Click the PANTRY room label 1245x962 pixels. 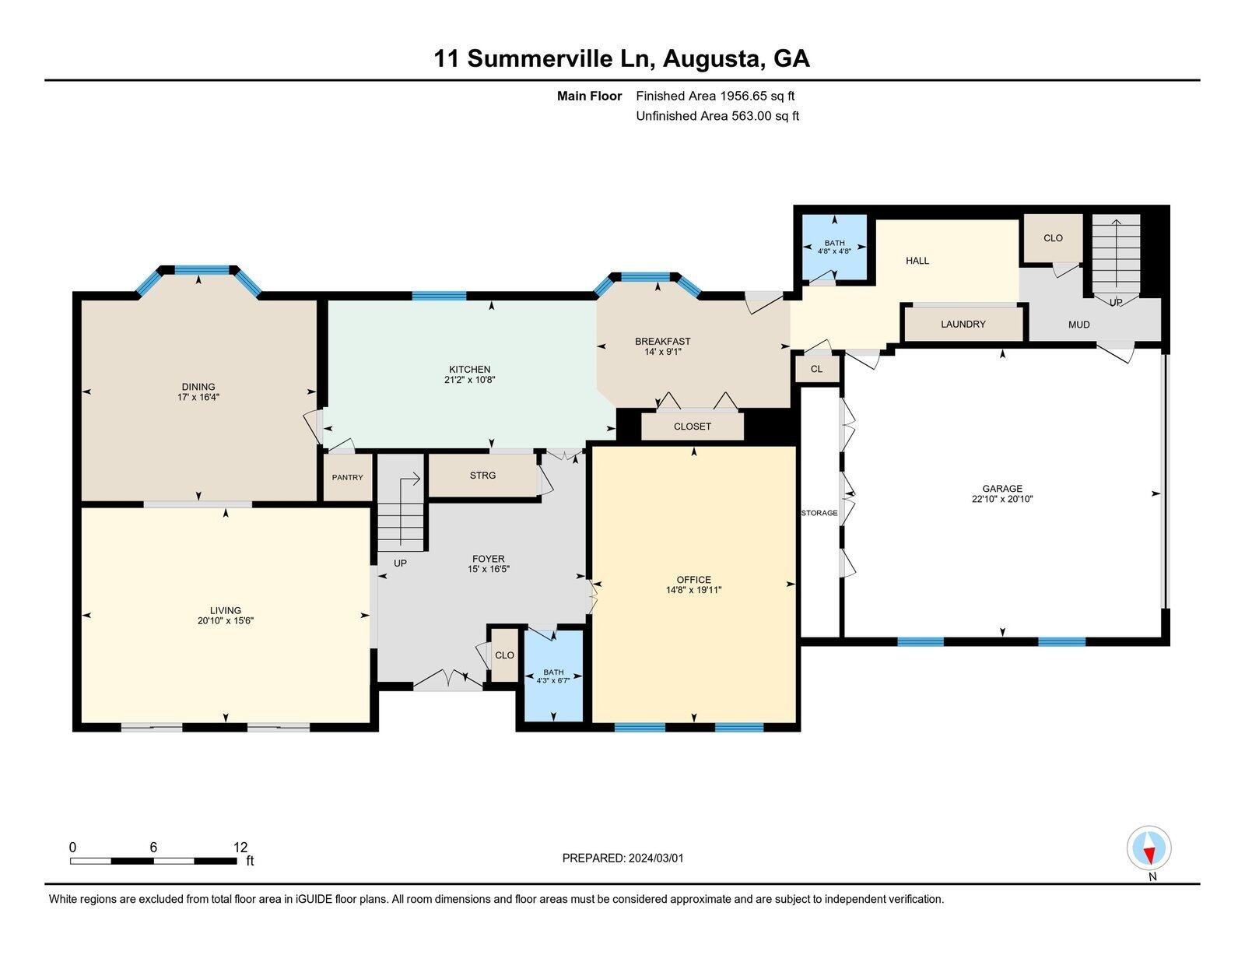347,477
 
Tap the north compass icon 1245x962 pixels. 1149,848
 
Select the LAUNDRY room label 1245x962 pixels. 963,324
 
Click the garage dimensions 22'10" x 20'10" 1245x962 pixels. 1001,500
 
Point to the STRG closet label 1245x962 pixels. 482,475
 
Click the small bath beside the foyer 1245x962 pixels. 553,676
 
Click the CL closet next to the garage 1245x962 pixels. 816,369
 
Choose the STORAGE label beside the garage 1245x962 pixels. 819,513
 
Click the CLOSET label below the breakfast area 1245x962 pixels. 692,427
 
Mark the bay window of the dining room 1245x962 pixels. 201,270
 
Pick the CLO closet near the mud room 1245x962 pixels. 1052,238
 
